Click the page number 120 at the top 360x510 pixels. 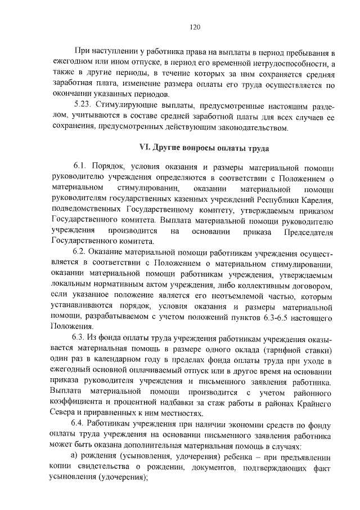(x=195, y=27)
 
